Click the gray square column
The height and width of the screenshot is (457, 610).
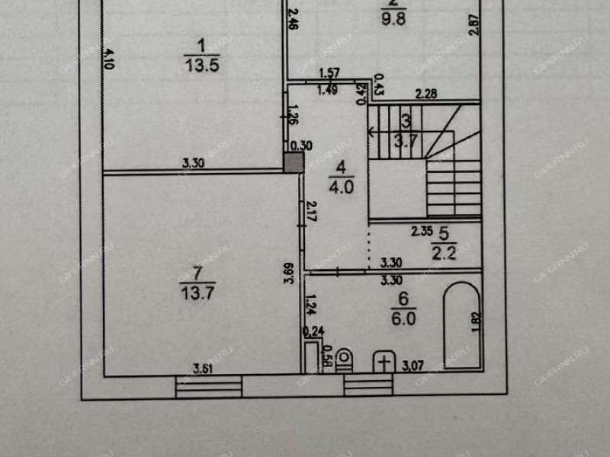[293, 162]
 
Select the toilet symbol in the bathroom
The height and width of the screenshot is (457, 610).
[345, 359]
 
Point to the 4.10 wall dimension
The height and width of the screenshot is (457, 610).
[108, 58]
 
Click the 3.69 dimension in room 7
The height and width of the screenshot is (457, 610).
[288, 273]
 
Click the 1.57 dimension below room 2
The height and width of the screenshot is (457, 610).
[329, 73]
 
